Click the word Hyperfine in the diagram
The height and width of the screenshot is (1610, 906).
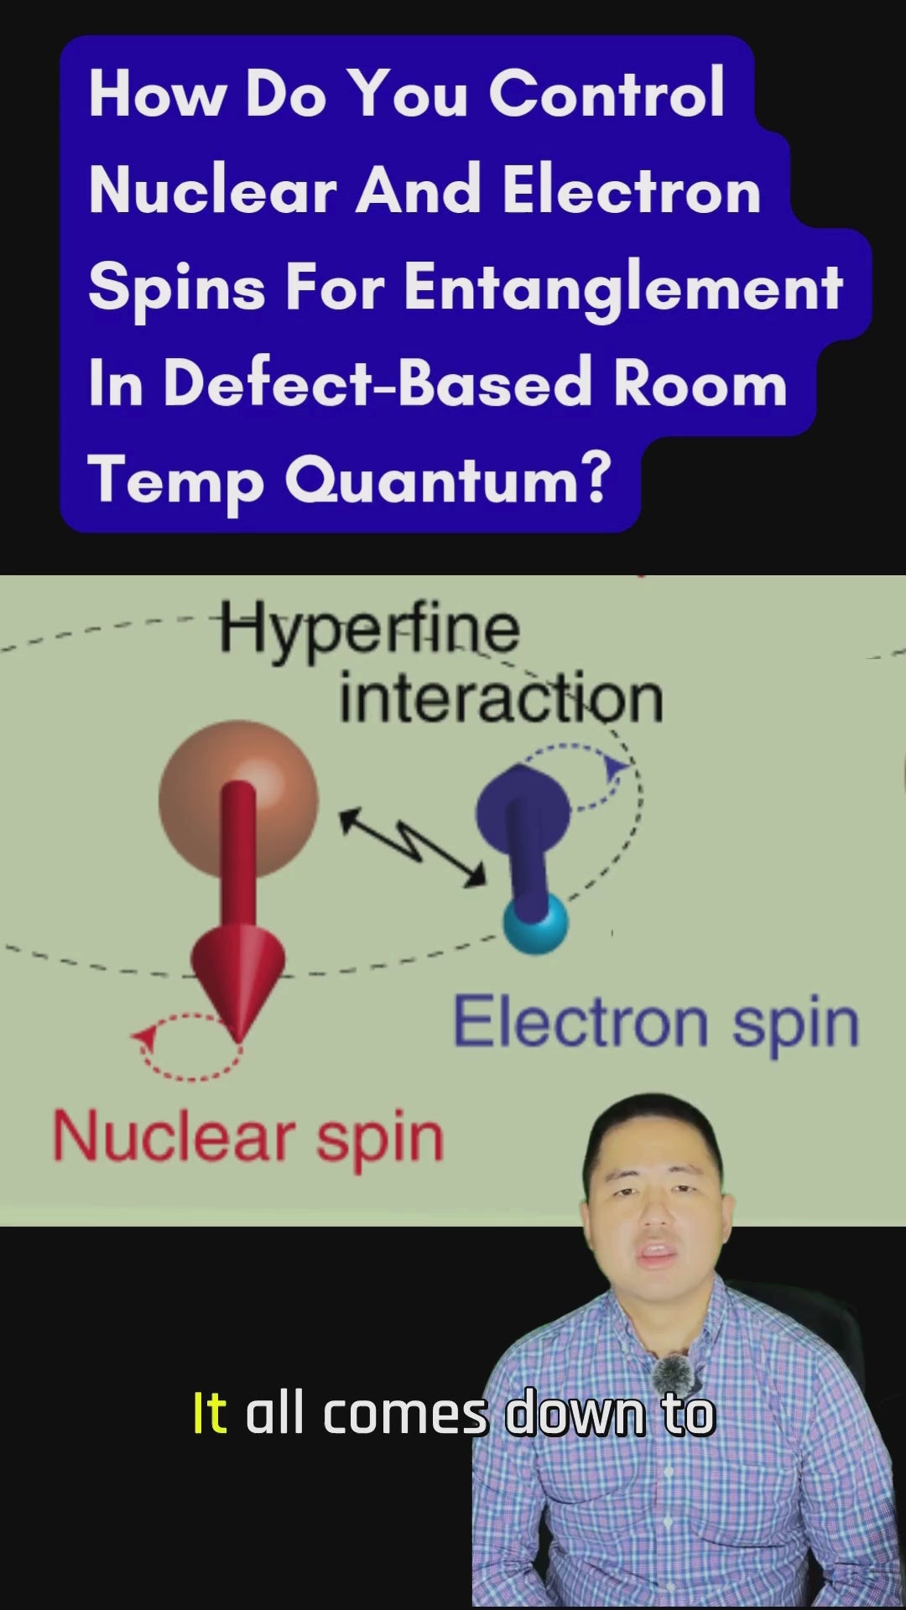click(369, 630)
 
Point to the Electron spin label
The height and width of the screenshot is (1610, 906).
click(656, 1023)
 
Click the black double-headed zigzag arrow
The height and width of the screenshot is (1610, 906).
click(412, 845)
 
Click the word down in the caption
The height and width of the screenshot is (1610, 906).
click(575, 1414)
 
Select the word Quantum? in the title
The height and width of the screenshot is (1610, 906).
click(448, 480)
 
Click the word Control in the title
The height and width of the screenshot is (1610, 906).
click(607, 93)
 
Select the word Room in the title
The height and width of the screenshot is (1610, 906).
click(700, 383)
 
